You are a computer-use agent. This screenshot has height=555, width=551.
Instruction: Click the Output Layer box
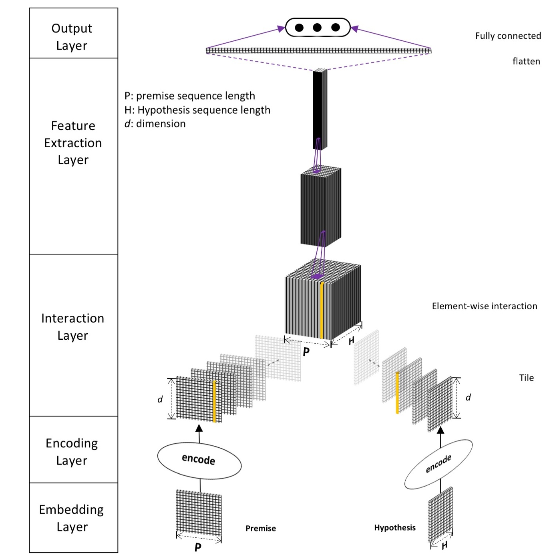73,33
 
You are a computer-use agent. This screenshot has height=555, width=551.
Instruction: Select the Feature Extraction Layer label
73,143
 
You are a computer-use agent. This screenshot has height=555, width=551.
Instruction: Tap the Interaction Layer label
72,327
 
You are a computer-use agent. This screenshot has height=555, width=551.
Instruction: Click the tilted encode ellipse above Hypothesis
438,464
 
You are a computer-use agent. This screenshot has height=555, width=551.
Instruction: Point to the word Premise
260,528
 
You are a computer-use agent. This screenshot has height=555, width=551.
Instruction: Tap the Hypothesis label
394,527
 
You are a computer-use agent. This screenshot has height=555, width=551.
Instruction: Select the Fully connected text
508,36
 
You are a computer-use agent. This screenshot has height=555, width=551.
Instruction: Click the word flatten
526,61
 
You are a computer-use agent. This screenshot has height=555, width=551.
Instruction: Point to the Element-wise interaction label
484,306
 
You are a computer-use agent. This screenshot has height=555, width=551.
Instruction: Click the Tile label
526,378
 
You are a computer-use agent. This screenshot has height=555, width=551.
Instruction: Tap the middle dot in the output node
317,28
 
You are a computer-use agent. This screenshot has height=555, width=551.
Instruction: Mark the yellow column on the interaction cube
322,310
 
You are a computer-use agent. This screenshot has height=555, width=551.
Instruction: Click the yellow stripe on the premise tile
215,401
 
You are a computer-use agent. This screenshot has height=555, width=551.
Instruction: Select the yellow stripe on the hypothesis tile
397,393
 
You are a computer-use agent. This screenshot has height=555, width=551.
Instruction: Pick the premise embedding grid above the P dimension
199,512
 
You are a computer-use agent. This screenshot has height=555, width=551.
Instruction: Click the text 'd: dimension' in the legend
155,124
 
